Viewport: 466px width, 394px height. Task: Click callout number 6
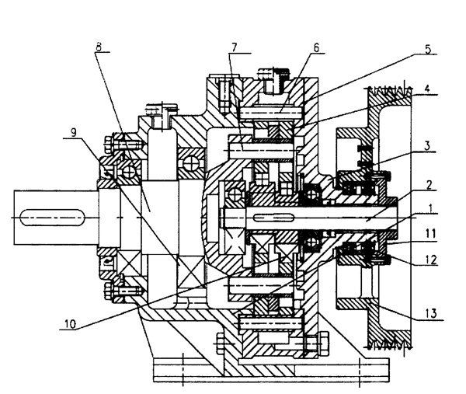click(x=316, y=47)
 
